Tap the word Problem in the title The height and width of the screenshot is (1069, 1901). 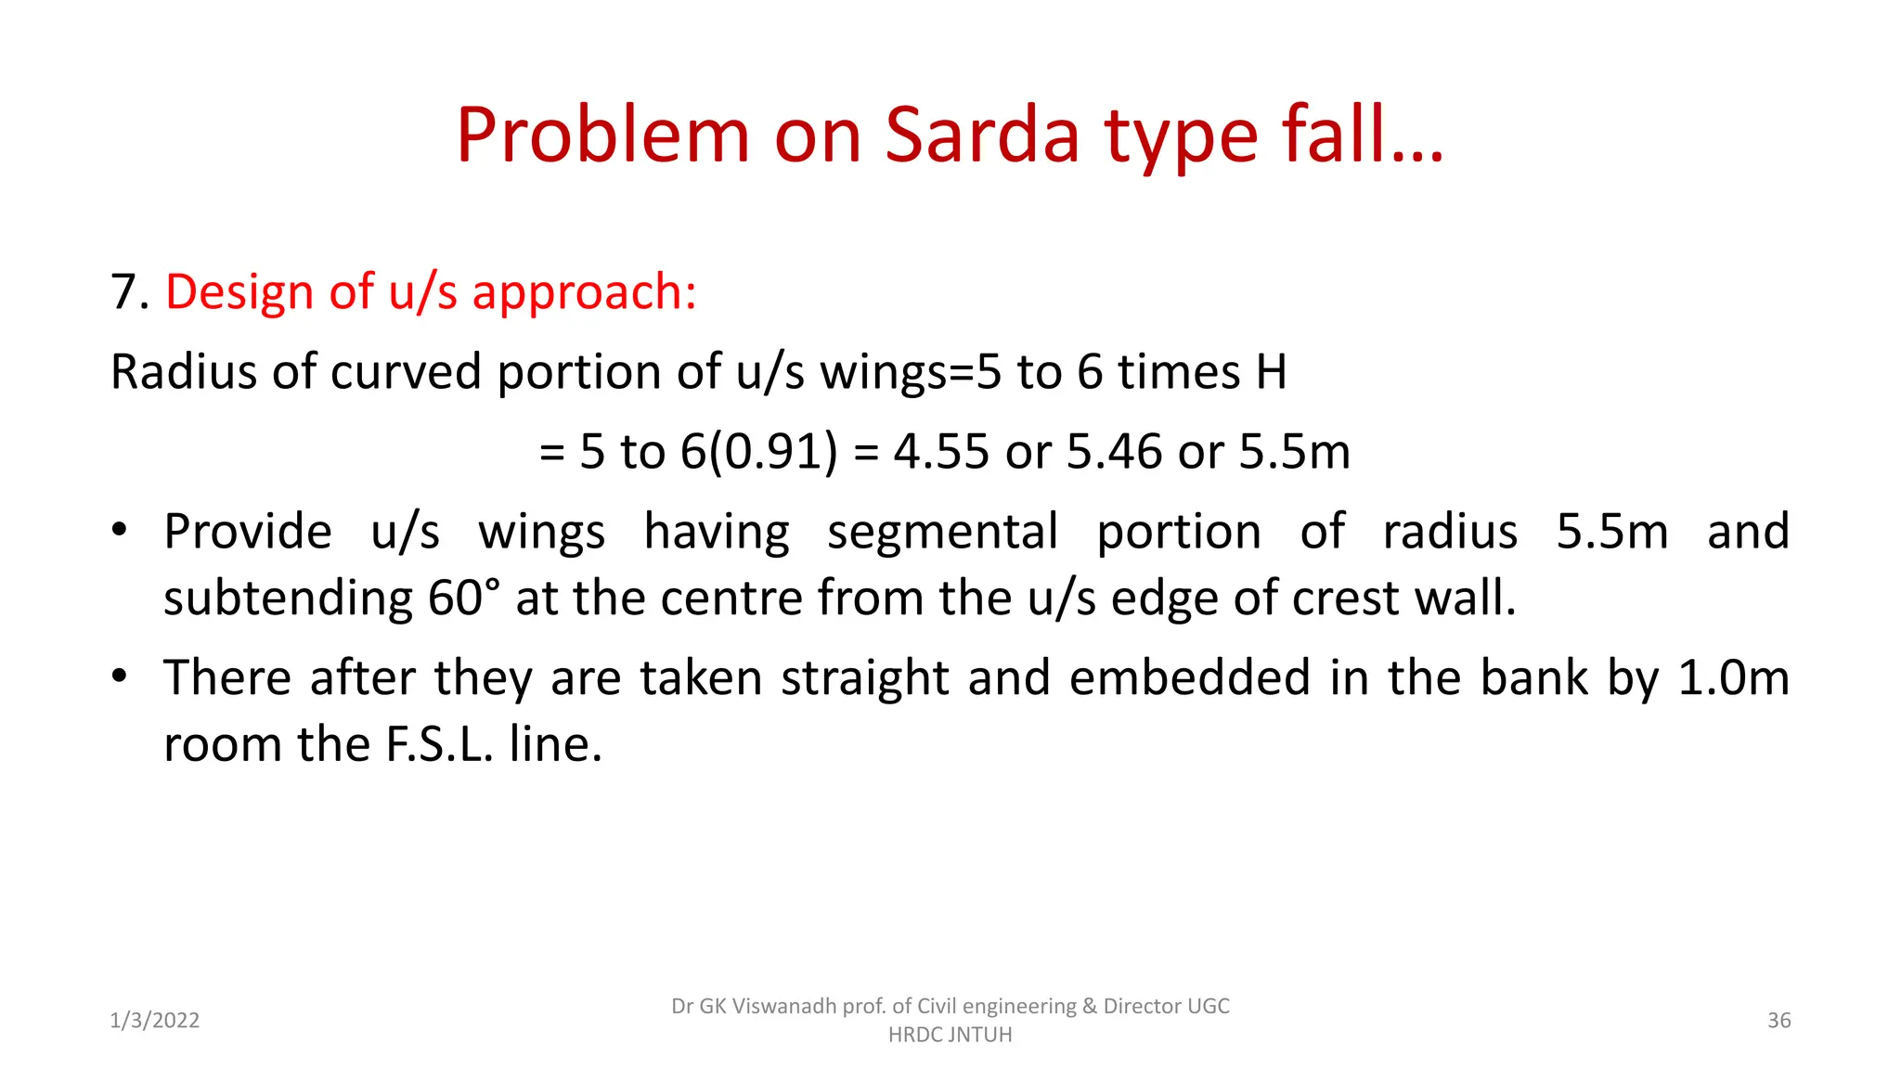pyautogui.click(x=601, y=136)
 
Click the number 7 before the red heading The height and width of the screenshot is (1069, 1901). pyautogui.click(x=124, y=292)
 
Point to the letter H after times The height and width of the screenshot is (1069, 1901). pyautogui.click(x=1272, y=372)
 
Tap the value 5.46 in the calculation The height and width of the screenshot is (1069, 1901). pyautogui.click(x=1114, y=452)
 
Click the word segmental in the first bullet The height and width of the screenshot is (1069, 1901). pyautogui.click(x=942, y=533)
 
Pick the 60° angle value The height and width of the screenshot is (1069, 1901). pyautogui.click(x=463, y=599)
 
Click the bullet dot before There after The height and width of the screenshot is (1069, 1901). pyautogui.click(x=119, y=676)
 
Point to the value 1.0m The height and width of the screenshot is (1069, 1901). pyautogui.click(x=1733, y=677)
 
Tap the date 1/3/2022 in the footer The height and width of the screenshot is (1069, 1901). pyautogui.click(x=155, y=1021)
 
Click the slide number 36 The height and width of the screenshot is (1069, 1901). pyautogui.click(x=1778, y=1021)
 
